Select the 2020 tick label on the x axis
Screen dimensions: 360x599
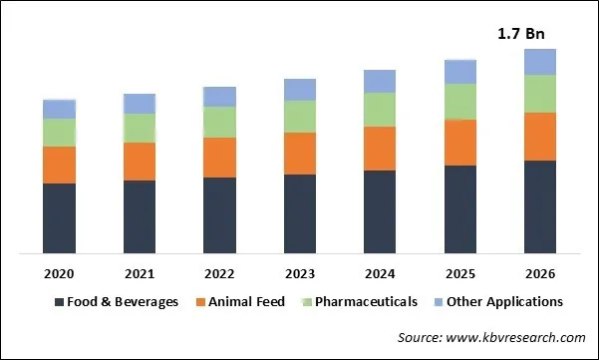pyautogui.click(x=59, y=273)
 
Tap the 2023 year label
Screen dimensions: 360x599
pyautogui.click(x=300, y=273)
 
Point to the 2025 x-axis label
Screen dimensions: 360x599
pyautogui.click(x=459, y=273)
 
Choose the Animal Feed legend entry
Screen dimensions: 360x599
pyautogui.click(x=246, y=301)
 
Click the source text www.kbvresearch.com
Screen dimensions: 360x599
pyautogui.click(x=491, y=338)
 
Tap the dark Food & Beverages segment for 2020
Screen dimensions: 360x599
pyautogui.click(x=59, y=217)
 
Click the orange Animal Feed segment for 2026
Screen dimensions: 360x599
pyautogui.click(x=540, y=136)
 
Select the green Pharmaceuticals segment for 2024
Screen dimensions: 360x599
pyautogui.click(x=380, y=109)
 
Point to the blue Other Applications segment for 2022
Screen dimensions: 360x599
pyautogui.click(x=219, y=96)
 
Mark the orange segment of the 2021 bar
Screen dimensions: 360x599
pyautogui.click(x=140, y=161)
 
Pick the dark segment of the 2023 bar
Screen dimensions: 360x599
pyautogui.click(x=300, y=212)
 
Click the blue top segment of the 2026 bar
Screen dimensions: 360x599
pyautogui.click(x=540, y=62)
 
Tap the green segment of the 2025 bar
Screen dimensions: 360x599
pyautogui.click(x=459, y=101)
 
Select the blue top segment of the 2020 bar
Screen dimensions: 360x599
pyautogui.click(x=59, y=109)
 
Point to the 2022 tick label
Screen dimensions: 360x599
pyautogui.click(x=219, y=273)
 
